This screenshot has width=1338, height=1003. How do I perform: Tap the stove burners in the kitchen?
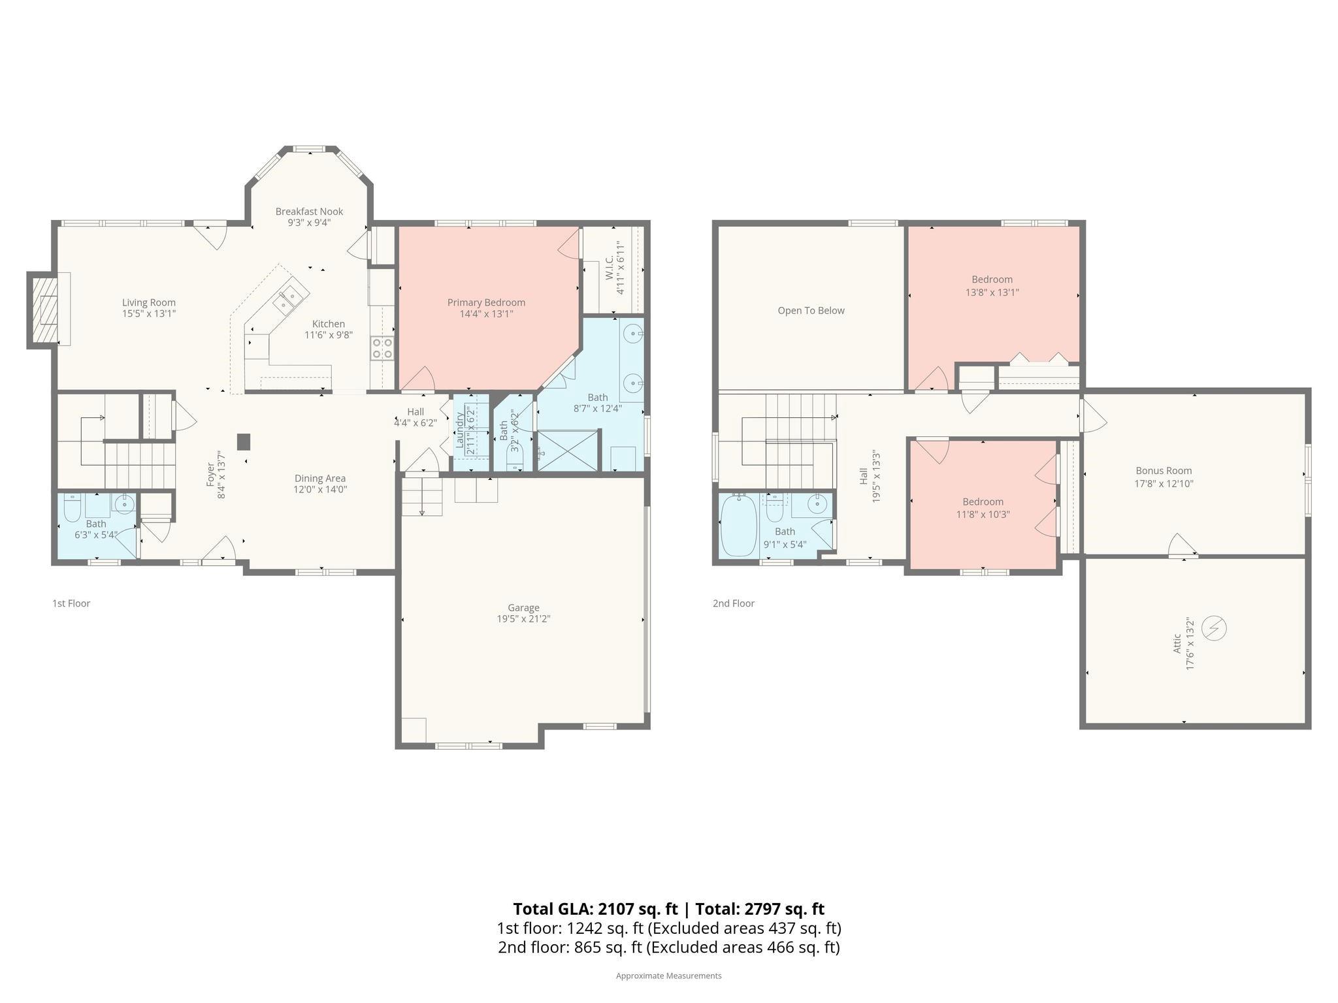click(x=382, y=348)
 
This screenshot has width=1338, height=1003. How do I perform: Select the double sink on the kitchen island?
click(x=286, y=300)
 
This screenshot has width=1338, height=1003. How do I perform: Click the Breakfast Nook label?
click(x=309, y=212)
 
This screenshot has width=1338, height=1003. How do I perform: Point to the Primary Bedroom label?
click(x=486, y=302)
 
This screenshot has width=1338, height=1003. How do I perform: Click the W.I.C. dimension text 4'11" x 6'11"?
click(x=621, y=269)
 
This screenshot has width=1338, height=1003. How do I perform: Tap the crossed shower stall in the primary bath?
click(x=568, y=450)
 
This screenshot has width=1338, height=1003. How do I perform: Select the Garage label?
click(x=523, y=607)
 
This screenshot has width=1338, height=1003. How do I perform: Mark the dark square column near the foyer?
click(x=244, y=442)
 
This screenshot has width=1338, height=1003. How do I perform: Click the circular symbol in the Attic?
click(x=1214, y=628)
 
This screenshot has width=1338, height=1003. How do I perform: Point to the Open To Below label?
click(x=811, y=311)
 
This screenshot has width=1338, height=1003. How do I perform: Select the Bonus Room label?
click(x=1164, y=471)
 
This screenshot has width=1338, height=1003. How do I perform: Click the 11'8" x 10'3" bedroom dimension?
click(x=983, y=515)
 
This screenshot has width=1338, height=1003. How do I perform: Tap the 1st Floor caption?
click(x=71, y=603)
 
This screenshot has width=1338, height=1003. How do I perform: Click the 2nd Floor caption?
click(x=733, y=603)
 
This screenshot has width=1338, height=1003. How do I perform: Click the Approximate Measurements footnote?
click(x=668, y=976)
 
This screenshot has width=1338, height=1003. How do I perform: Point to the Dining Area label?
click(x=319, y=479)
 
